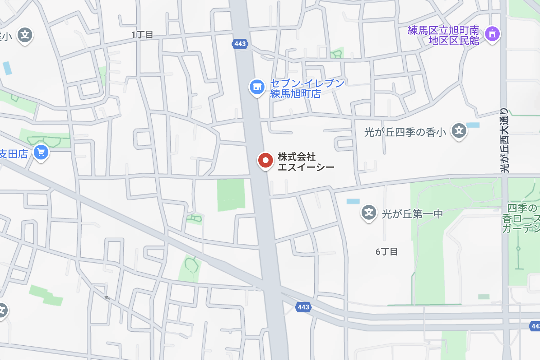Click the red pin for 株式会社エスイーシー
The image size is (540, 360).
point(265,161)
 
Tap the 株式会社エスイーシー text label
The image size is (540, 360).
point(306,162)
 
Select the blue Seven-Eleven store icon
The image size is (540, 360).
point(257,87)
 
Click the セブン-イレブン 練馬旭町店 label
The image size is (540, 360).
point(307,88)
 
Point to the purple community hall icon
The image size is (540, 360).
point(492,34)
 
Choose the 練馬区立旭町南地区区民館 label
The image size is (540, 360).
point(443,35)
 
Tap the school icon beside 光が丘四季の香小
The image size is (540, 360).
point(459,131)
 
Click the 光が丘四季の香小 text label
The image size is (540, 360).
point(405,132)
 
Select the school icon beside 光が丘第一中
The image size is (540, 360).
point(369,213)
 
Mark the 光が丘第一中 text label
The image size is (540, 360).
point(412,214)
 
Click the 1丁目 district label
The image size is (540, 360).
point(142,35)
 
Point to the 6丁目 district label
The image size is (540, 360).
point(386,251)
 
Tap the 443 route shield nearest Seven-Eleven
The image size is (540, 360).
point(240,44)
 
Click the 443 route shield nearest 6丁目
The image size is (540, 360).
point(303,307)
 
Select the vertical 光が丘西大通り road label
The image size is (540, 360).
point(504,140)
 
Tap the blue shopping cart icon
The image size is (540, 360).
point(41,152)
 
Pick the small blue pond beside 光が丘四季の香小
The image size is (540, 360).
point(473,125)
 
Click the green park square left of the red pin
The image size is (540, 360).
point(231,195)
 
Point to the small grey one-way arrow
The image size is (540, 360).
point(107,298)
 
